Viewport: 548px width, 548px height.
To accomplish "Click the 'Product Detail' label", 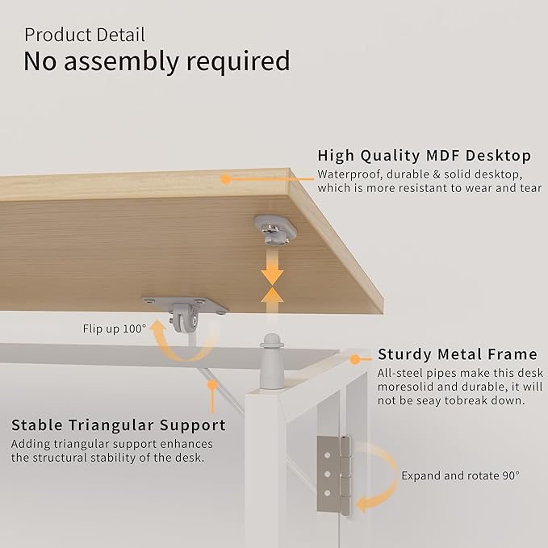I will point(85,35).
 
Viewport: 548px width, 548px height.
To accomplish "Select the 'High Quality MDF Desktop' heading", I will point(424,155).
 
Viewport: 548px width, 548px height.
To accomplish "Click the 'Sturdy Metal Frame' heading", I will point(458,354).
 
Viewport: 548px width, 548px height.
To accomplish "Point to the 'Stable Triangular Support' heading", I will point(119,425).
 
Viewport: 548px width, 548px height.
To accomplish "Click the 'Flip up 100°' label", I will point(115,328).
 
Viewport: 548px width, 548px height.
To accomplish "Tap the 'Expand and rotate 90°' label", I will point(461,475).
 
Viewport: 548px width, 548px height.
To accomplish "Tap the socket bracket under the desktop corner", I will point(274,228).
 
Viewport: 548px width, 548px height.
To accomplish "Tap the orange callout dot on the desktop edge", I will point(227,178).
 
